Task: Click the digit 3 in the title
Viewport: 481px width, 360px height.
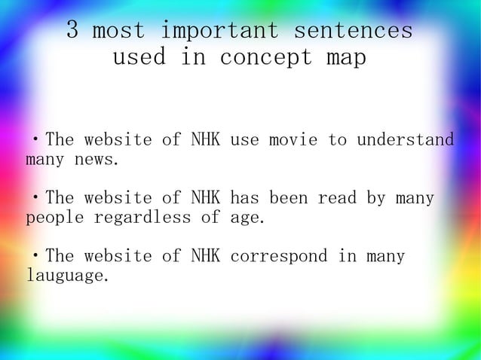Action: pyautogui.click(x=73, y=31)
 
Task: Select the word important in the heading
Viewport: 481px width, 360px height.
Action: pyautogui.click(x=220, y=31)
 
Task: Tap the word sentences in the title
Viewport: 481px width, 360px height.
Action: pyautogui.click(x=353, y=31)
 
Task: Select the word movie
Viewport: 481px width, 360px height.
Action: pyautogui.click(x=293, y=140)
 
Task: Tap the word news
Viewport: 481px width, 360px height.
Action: pyautogui.click(x=97, y=160)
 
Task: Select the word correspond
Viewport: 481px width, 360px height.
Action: pyautogui.click(x=278, y=257)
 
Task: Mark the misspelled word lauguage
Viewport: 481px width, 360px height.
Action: pyautogui.click(x=67, y=276)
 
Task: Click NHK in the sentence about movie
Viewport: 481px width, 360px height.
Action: pyautogui.click(x=205, y=140)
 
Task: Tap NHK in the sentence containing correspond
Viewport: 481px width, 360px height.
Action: pyautogui.click(x=205, y=257)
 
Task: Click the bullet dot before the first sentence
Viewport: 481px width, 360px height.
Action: pyautogui.click(x=35, y=141)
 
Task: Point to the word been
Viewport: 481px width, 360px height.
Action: pyautogui.click(x=288, y=199)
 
